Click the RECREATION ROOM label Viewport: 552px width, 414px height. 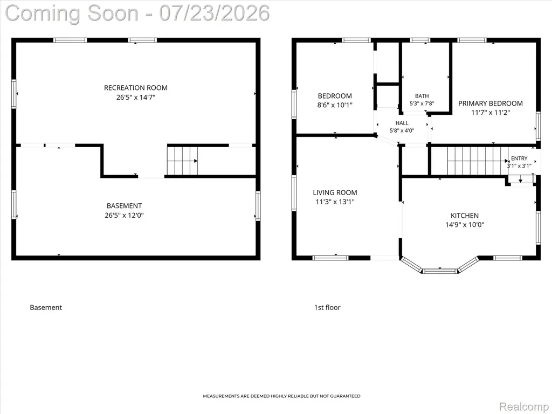point(135,88)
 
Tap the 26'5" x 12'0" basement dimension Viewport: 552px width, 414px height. point(125,215)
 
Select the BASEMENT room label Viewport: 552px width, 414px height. point(125,205)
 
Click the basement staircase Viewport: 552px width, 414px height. point(182,161)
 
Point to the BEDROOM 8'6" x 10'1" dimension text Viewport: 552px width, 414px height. point(335,105)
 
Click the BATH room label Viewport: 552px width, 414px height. point(422,96)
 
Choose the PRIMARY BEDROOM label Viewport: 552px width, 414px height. point(491,103)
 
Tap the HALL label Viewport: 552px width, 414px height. point(402,123)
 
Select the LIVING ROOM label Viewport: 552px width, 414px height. point(335,192)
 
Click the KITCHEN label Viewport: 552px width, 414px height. point(465,216)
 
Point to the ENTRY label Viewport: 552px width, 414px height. point(519,158)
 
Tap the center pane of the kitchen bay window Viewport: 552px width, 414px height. point(440,271)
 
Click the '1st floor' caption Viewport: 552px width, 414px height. point(327,307)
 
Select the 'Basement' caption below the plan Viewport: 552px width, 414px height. point(46,307)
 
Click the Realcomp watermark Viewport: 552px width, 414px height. point(523,406)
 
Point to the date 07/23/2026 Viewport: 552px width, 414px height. point(215,13)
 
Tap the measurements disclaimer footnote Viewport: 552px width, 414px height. point(281,396)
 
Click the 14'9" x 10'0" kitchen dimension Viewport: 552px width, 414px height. point(465,225)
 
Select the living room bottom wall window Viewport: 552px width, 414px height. point(330,258)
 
